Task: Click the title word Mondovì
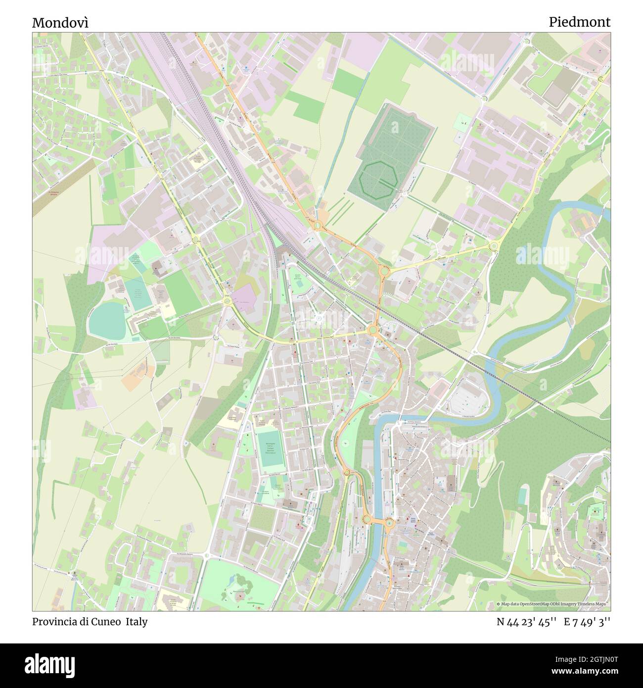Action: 61,22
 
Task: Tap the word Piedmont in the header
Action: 579,22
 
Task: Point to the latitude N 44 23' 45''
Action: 527,622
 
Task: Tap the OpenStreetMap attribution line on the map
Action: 553,604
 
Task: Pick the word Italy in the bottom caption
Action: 136,622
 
